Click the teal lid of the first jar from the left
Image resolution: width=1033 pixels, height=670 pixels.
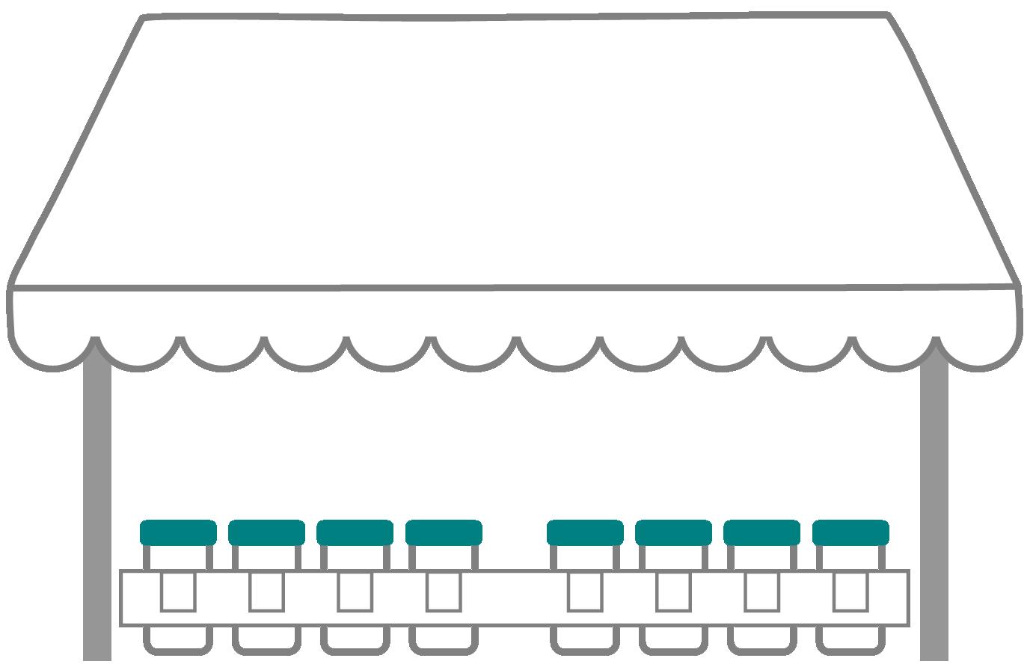click(x=178, y=532)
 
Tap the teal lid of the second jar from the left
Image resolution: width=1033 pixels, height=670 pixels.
click(x=266, y=532)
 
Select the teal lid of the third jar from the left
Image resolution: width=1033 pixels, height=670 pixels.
click(x=355, y=532)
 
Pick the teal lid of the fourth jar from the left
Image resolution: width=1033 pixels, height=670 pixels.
click(x=444, y=532)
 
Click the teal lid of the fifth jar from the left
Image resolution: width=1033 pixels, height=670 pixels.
click(x=585, y=532)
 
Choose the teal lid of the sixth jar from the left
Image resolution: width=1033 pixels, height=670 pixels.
click(x=673, y=532)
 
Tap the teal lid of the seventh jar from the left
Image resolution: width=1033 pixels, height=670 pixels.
click(x=761, y=532)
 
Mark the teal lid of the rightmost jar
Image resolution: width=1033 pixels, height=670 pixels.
click(x=850, y=532)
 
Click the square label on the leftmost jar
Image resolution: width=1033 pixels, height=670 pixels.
click(x=178, y=592)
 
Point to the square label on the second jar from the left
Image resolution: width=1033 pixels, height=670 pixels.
click(x=266, y=592)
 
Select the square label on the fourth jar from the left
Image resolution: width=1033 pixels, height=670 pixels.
click(x=444, y=592)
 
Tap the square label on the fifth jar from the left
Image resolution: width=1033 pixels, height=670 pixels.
click(x=585, y=592)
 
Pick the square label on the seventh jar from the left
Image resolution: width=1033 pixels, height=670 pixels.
click(x=761, y=592)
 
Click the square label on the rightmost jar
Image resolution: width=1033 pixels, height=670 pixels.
click(x=850, y=592)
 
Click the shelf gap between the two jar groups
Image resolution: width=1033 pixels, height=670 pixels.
click(x=515, y=598)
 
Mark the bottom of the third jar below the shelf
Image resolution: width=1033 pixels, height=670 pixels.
click(x=355, y=639)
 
